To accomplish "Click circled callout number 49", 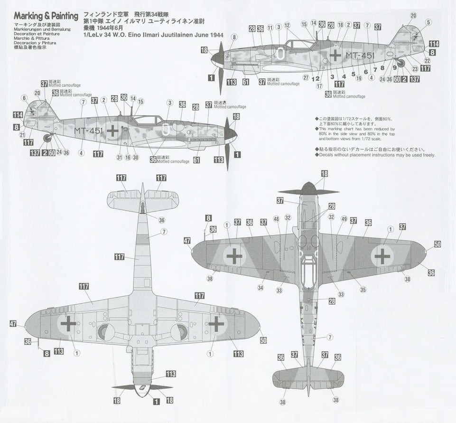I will coord(344,219).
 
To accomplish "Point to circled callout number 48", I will coord(276,219).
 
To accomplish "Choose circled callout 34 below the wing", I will coord(261,288).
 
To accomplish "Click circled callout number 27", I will coord(306,77).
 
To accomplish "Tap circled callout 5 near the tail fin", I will coord(428,22).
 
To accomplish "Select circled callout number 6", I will coord(24,98).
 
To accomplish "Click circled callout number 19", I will coord(358,78).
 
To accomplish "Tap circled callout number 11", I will coord(270,27).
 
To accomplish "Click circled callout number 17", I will coord(319,86).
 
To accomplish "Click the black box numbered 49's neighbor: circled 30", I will coord(135,158).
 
